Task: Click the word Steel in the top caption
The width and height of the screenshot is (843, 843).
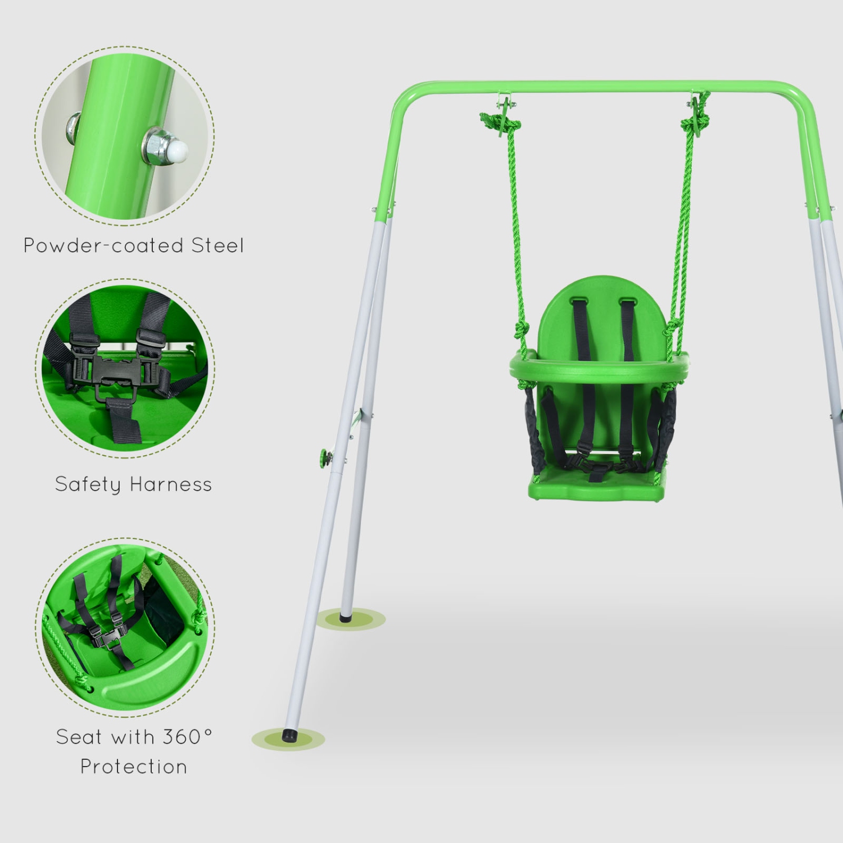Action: click(x=217, y=246)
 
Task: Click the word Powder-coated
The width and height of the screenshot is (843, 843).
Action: click(x=103, y=246)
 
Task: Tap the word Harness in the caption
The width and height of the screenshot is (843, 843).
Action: click(x=171, y=484)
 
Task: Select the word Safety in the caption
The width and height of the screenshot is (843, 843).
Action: click(x=87, y=484)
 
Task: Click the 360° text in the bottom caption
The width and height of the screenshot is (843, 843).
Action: click(x=187, y=736)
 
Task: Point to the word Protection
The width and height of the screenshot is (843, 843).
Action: click(x=134, y=767)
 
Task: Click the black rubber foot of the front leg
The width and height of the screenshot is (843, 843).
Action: click(x=289, y=736)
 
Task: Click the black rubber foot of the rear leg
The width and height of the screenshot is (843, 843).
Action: click(x=345, y=618)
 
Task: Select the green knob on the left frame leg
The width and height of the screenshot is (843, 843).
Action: click(x=324, y=458)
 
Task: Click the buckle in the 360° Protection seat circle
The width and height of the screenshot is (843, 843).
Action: click(x=105, y=638)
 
